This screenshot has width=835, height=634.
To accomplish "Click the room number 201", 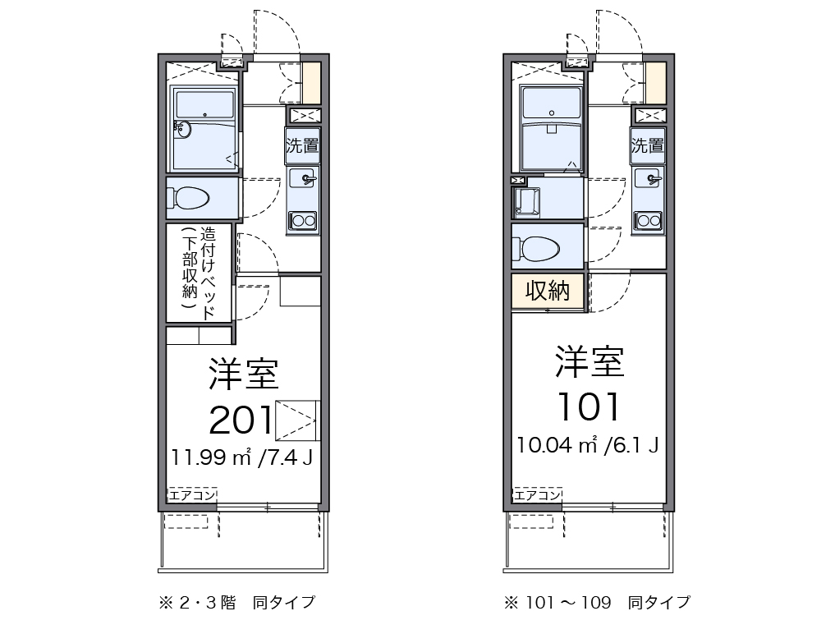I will tap(241, 420).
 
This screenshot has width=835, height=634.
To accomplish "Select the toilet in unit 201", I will tap(190, 199).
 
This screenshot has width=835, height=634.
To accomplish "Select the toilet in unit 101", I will tap(536, 246).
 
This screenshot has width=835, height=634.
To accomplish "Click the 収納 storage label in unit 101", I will tap(548, 292).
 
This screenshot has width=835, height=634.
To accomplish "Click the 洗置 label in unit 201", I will tap(302, 146).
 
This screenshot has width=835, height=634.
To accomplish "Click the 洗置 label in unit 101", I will tap(648, 146).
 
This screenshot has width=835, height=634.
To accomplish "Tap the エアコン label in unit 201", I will tap(192, 495).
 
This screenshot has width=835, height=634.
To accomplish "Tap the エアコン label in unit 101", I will tap(537, 495).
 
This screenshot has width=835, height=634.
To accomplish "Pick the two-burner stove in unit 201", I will tap(303, 220).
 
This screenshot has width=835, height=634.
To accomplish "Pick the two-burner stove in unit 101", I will tap(649, 220).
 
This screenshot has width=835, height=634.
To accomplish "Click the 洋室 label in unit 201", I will tap(244, 374).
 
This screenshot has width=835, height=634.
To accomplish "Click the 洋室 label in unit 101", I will tap(589, 361).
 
